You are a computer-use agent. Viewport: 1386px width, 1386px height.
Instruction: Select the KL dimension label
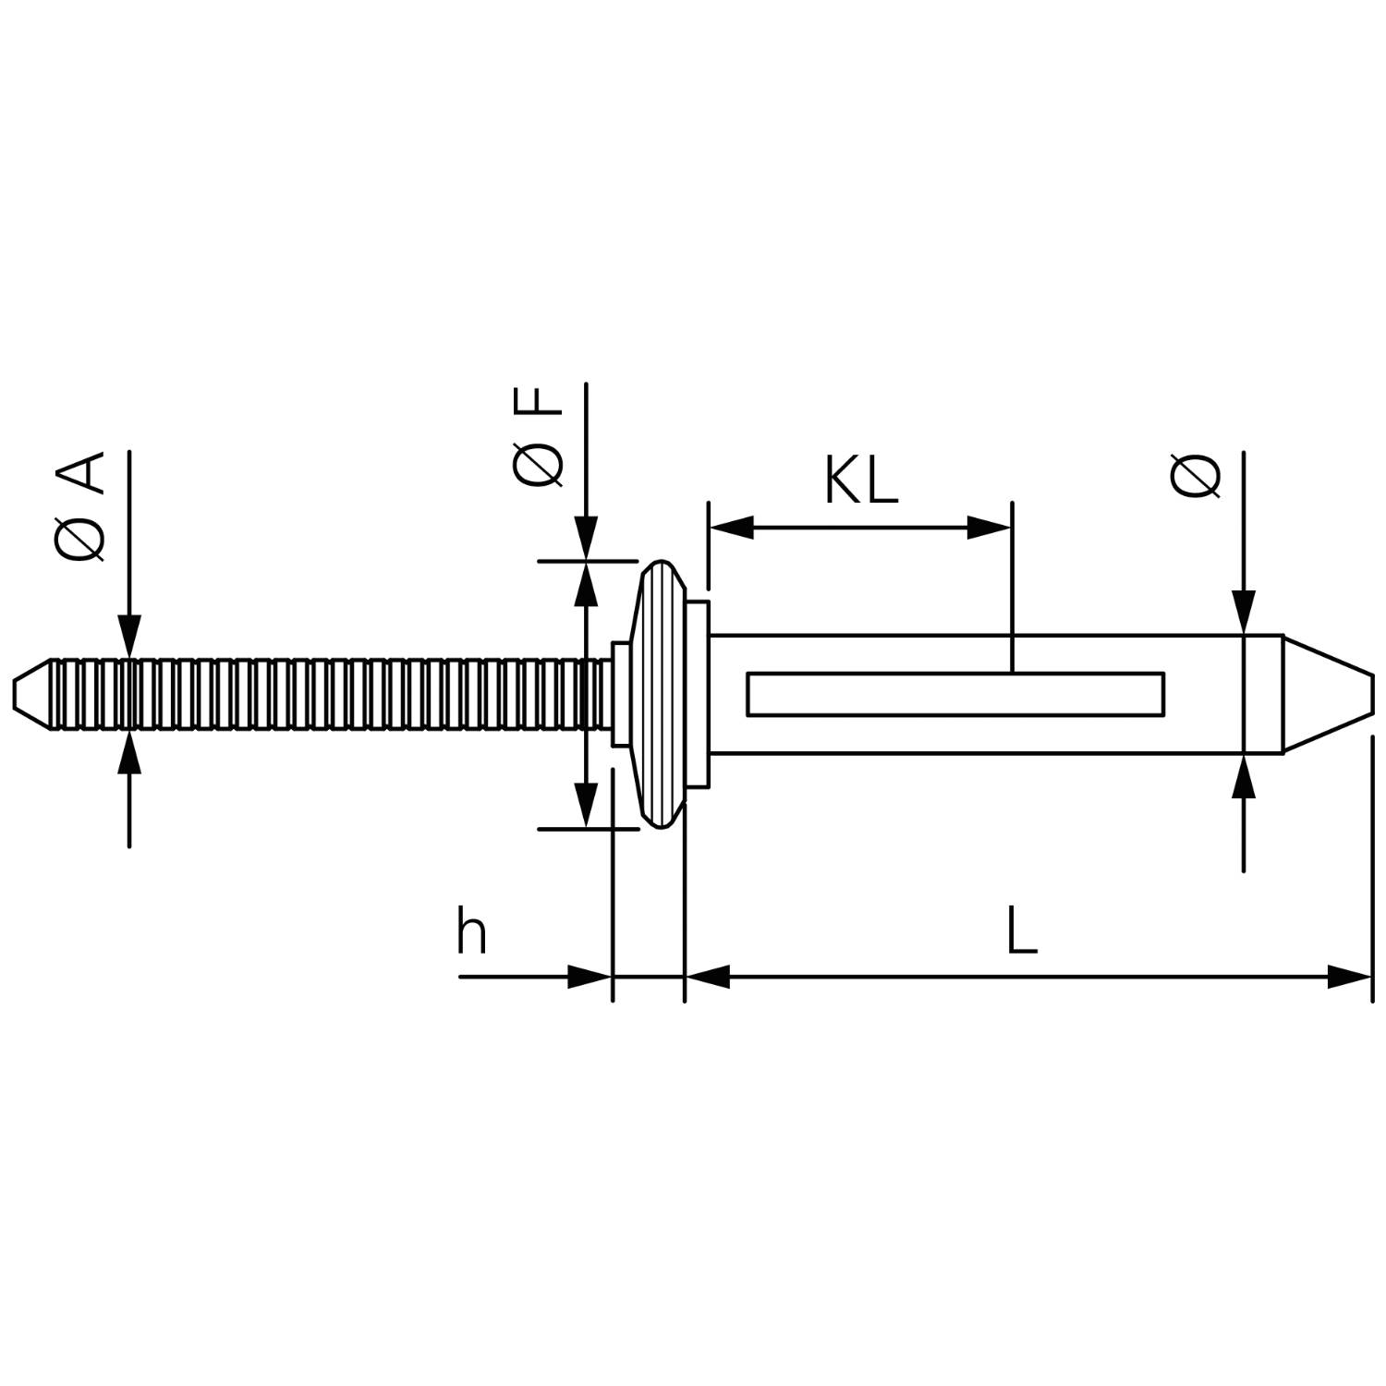[861, 481]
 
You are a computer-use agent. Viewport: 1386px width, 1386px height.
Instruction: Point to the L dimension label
[1021, 931]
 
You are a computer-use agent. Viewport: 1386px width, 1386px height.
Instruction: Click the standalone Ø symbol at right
[1196, 477]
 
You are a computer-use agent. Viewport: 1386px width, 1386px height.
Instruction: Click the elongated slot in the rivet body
[954, 694]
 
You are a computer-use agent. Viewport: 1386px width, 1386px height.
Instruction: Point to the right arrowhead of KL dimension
[989, 529]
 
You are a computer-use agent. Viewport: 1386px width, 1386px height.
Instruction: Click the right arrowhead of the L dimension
[1349, 976]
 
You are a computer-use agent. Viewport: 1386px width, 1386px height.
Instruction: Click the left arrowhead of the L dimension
[708, 976]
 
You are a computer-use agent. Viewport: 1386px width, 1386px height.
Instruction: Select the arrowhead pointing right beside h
[590, 976]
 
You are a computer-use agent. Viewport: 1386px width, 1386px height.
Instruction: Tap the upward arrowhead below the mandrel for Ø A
[129, 753]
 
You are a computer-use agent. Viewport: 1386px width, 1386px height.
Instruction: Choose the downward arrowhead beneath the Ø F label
[586, 539]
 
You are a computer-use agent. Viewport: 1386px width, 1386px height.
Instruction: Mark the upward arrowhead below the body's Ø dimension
[1245, 776]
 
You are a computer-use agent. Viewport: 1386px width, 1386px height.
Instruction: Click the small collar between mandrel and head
[620, 694]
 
